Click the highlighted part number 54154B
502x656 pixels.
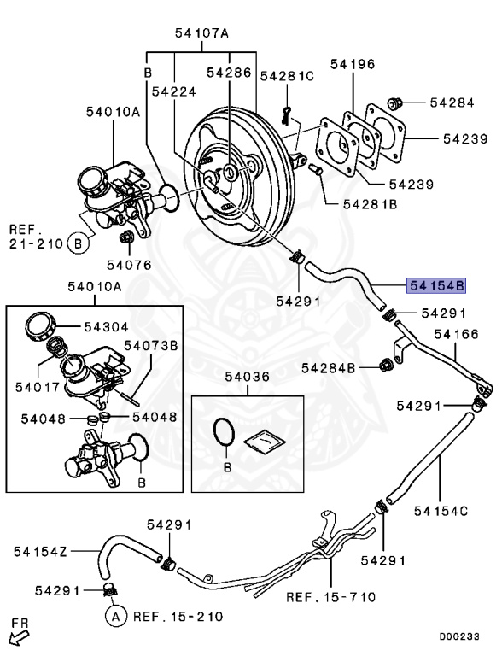(x=436, y=285)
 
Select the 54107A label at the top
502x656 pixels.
(x=202, y=33)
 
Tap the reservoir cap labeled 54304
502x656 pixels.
(x=39, y=326)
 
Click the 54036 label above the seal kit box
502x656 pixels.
(x=248, y=376)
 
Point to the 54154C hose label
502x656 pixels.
(x=441, y=511)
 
